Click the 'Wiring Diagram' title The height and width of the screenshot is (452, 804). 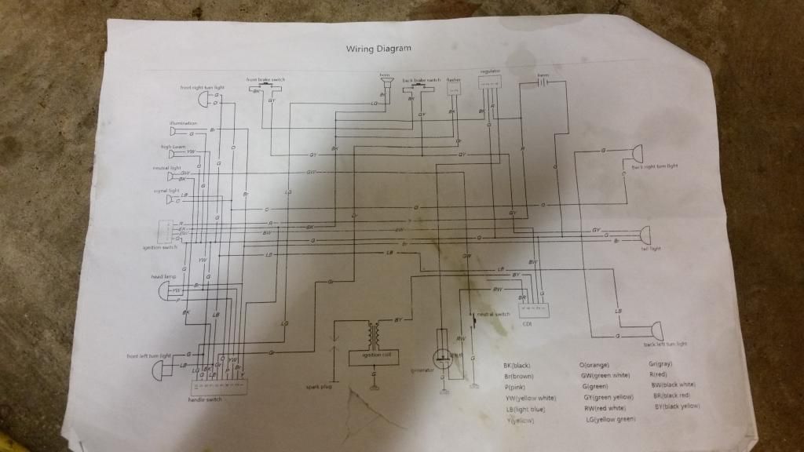[x=378, y=49]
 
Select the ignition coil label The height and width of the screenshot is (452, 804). [x=371, y=355]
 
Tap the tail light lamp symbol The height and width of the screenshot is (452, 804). [x=645, y=234]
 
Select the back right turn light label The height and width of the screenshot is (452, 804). [x=653, y=167]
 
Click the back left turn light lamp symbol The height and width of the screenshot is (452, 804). [x=654, y=331]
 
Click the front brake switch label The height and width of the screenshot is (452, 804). [x=265, y=79]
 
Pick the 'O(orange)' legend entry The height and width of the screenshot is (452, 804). [x=594, y=366]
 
